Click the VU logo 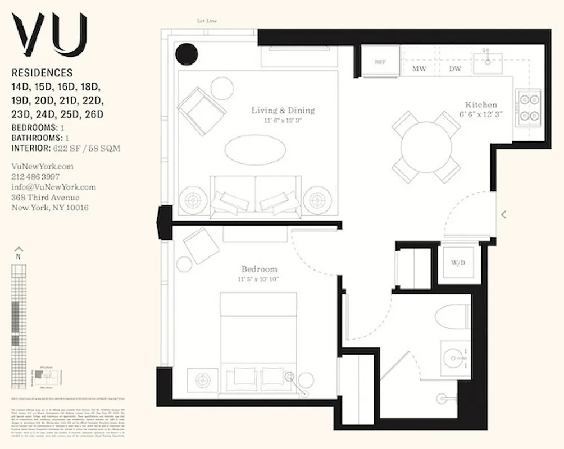pos(50,34)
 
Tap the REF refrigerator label pos(380,61)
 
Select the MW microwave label pos(419,69)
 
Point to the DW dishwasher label pos(455,69)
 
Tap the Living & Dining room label pos(283,110)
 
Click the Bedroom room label pos(260,269)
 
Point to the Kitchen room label pos(481,105)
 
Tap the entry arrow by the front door pos(503,214)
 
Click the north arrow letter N pos(19,256)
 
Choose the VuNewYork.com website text pos(42,167)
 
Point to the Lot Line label pos(206,21)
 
